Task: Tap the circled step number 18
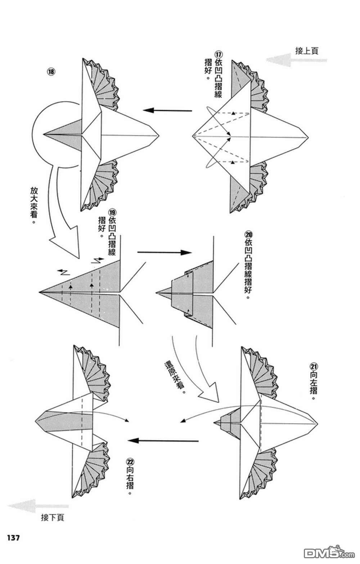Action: click(51, 71)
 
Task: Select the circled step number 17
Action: click(218, 54)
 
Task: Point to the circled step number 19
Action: click(112, 212)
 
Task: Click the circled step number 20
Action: click(248, 234)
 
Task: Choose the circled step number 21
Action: click(314, 366)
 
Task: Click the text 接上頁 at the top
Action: click(306, 51)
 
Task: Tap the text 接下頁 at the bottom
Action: click(53, 518)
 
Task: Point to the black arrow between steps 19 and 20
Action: click(164, 253)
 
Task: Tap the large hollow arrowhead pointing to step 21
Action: click(210, 392)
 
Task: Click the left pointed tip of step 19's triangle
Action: click(40, 292)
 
